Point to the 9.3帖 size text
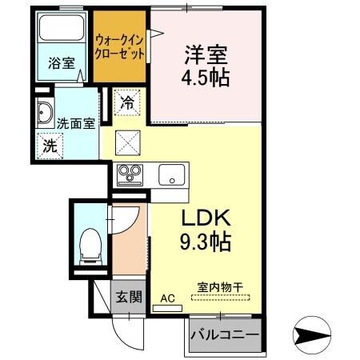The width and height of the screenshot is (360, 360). pos(203,242)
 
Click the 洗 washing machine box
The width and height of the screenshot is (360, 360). pos(50,146)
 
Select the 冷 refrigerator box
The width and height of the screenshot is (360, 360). pos(127,102)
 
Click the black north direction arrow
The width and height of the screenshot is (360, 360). pos(312,334)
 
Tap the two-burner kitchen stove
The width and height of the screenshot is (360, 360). pos(130,173)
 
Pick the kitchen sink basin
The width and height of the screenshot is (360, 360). pos(171,174)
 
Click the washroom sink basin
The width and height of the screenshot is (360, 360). pos(44,114)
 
